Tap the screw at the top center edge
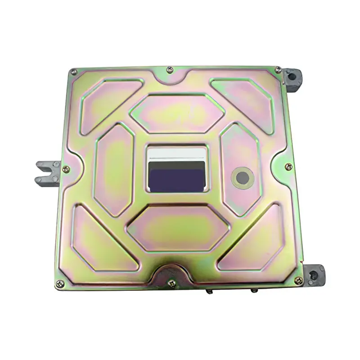(170, 70)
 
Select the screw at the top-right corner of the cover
(278, 70)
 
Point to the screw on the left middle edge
(66, 169)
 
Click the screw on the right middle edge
(288, 167)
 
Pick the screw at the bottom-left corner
(59, 283)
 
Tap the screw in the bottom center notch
(171, 283)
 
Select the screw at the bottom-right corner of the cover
(298, 280)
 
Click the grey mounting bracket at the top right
(292, 78)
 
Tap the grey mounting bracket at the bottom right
(313, 274)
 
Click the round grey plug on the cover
(243, 178)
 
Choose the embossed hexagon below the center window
(178, 227)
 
